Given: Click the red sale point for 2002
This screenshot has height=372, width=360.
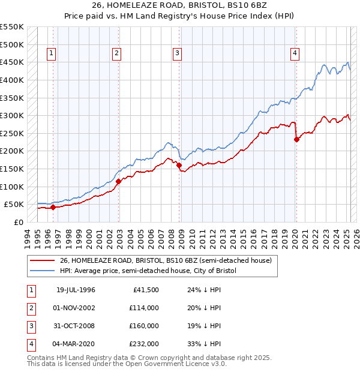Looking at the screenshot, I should tap(118, 181).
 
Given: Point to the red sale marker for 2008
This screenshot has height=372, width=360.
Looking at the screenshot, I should tap(179, 165).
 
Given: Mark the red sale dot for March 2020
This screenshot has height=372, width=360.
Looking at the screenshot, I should tap(296, 139).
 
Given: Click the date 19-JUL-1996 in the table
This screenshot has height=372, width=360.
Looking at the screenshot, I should tap(76, 290).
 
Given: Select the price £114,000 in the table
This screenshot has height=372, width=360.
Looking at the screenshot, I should tap(143, 308).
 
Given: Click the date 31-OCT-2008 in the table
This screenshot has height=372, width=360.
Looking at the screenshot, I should tap(76, 326).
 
